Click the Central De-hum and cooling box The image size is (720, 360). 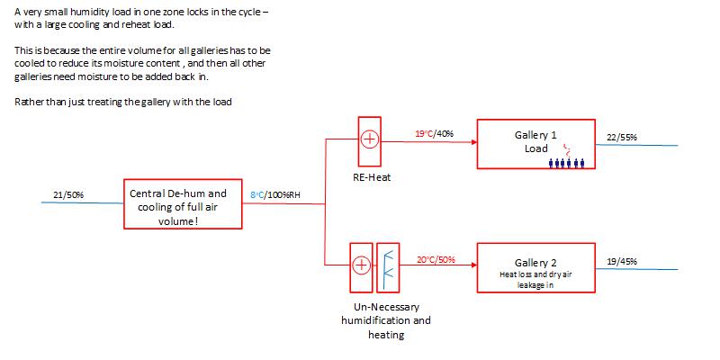point(181,206)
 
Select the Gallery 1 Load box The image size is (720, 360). point(535,142)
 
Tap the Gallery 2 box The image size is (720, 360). point(535,267)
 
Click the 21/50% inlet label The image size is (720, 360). point(68,194)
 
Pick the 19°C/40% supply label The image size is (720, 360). point(435,133)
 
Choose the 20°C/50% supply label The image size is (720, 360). point(436,259)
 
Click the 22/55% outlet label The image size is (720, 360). point(622,137)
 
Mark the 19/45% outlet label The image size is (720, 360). point(622,261)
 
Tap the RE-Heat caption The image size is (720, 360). point(371,176)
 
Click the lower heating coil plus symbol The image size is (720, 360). point(362,265)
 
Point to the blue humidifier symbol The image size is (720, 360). point(388,266)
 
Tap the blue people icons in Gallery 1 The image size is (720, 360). point(567,163)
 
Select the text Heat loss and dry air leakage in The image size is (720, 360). point(535,279)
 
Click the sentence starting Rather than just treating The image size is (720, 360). point(123,102)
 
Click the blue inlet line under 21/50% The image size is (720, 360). point(82,203)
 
